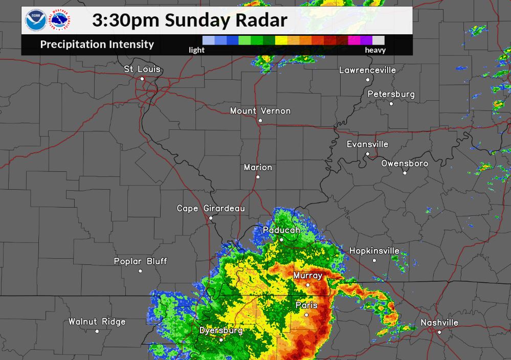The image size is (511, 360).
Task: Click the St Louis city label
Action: coord(142,69)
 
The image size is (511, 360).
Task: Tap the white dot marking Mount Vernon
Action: coord(260,121)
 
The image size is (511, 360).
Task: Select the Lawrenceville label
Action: coord(367,70)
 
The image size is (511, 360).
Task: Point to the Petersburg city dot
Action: coord(391,104)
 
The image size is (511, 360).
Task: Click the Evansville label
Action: coord(367,144)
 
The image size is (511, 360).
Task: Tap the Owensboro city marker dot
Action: coord(405,173)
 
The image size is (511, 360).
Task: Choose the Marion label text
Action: coord(258,167)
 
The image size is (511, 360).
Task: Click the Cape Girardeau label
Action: coord(211,208)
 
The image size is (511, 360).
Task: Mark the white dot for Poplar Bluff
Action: coord(140,271)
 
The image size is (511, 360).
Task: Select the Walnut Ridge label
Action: coord(97,322)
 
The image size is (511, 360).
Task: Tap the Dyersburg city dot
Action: coord(221,340)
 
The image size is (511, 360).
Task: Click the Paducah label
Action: coord(281,230)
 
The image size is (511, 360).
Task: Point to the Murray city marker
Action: coord(308,285)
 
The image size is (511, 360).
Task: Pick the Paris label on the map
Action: coord(307,305)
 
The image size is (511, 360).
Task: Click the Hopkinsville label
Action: coord(374,251)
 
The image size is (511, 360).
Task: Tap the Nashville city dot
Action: coord(439,332)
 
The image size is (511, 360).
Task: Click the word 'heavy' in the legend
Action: coord(375,50)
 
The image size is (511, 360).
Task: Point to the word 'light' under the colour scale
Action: coord(196,50)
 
